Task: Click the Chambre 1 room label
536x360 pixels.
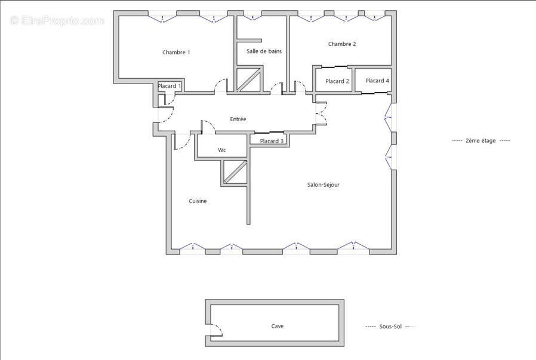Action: click(176, 53)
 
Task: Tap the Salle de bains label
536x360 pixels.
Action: click(264, 51)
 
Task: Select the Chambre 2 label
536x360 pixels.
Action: click(342, 44)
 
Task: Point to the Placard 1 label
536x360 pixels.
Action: click(169, 86)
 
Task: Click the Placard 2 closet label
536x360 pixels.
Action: click(337, 81)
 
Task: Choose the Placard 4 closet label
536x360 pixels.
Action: click(377, 81)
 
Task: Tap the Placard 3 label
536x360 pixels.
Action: click(272, 141)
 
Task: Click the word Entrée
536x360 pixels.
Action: click(238, 119)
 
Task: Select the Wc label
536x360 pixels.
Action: click(222, 150)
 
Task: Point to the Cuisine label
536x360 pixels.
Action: click(198, 201)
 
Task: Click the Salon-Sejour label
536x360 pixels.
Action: click(323, 185)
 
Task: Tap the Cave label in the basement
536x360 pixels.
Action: click(277, 326)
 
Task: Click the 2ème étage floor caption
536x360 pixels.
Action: click(480, 140)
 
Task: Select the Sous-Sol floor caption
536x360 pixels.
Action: click(390, 327)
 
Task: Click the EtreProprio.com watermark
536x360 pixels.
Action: click(57, 21)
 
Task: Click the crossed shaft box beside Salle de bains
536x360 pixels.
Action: click(249, 79)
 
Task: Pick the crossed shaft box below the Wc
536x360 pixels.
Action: click(235, 172)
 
